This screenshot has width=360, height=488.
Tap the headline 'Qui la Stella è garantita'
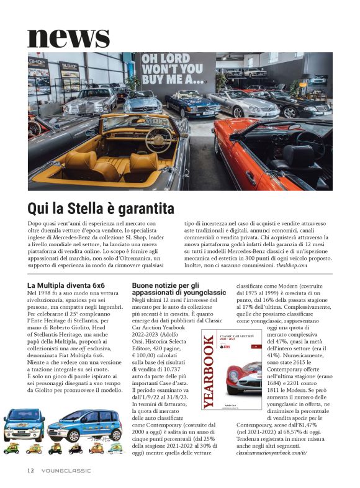pyautogui.click(x=101, y=208)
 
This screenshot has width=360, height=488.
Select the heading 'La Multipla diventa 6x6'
pyautogui.click(x=66, y=285)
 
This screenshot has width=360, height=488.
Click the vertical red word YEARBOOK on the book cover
pyautogui.click(x=209, y=372)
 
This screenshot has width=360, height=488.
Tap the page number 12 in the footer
pyautogui.click(x=30, y=470)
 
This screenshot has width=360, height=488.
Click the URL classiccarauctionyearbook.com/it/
pyautogui.click(x=275, y=453)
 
